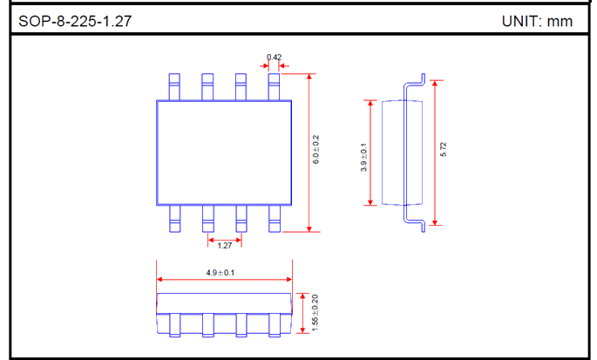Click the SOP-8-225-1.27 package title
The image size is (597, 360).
tap(75, 21)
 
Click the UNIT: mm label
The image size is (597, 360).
tap(537, 21)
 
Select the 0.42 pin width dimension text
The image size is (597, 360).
tap(275, 58)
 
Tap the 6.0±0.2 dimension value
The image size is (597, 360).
tap(316, 149)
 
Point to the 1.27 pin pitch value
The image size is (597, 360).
tap(225, 246)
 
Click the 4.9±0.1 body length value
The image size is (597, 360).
tap(220, 273)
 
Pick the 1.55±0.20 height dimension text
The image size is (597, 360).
tap(315, 313)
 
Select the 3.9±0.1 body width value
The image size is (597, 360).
tap(363, 157)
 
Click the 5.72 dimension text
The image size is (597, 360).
tap(444, 149)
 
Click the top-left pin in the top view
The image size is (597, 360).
tap(174, 87)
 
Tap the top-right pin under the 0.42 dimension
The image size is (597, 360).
tap(274, 87)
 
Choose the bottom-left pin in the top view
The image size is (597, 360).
tap(175, 219)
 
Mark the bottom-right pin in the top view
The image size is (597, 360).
tap(275, 219)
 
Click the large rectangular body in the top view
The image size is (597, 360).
tap(224, 153)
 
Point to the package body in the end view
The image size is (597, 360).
tap(402, 153)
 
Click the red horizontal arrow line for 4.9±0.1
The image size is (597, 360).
tap(224, 280)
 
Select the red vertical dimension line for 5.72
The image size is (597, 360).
tap(435, 153)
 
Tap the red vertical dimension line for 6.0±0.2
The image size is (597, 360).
tap(309, 153)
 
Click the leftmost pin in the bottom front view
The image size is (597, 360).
tap(175, 325)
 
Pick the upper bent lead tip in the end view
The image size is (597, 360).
tap(423, 78)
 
